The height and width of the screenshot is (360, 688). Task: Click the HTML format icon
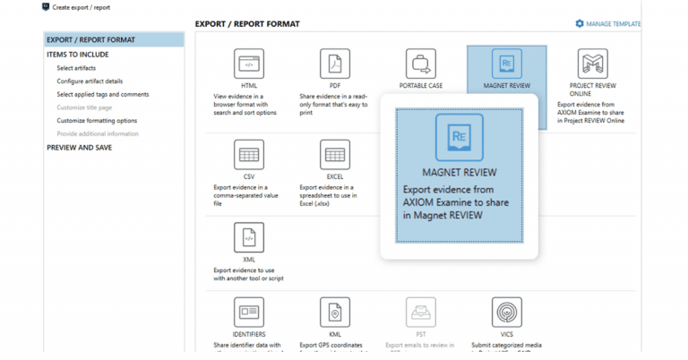249,64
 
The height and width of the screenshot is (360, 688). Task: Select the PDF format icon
335,64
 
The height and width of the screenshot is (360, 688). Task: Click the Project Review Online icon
594,64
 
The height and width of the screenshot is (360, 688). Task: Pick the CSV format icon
249,155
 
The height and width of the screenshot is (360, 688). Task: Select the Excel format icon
335,155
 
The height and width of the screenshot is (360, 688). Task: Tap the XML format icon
249,238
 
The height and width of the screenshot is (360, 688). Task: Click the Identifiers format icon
249,313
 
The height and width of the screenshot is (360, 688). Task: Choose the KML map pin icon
335,313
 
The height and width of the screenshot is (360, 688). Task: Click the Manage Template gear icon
580,23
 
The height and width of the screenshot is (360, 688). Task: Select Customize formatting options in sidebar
97,120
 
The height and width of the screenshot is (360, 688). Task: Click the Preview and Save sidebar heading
80,148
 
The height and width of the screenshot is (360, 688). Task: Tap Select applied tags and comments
102,94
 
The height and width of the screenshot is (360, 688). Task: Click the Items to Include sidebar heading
80,55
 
